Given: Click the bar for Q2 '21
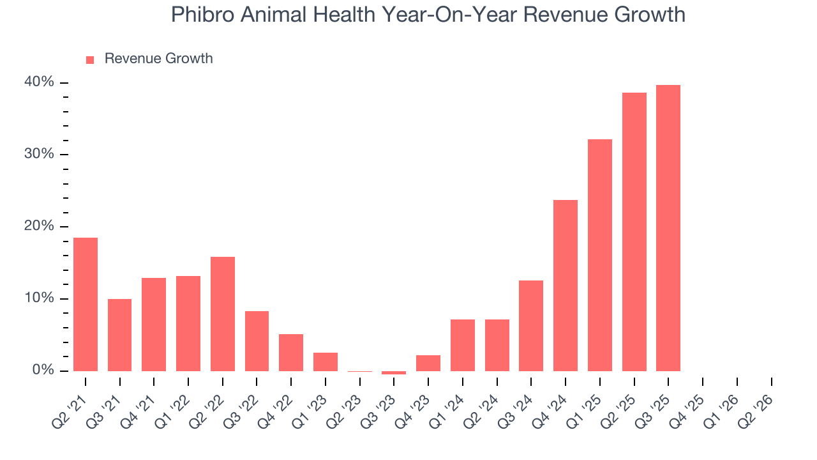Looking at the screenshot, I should (86, 304).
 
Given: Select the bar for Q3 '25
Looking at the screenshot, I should (668, 228).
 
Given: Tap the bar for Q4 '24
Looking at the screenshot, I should (566, 286).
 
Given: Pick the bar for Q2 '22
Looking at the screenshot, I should (223, 314).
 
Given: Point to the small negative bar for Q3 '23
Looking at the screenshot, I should (394, 372).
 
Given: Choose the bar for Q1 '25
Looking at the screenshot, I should (600, 255).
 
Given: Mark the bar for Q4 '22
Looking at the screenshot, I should (291, 353).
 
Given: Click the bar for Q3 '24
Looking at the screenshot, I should (531, 326).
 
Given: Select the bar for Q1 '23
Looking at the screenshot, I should (326, 362).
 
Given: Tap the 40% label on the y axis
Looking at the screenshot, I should (40, 82).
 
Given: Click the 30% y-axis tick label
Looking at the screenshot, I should (40, 155).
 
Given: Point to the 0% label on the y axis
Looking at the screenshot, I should (43, 371).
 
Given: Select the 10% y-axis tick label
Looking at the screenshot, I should (40, 298).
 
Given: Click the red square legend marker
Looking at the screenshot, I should (90, 59).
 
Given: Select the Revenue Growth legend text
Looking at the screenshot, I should (158, 59).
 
